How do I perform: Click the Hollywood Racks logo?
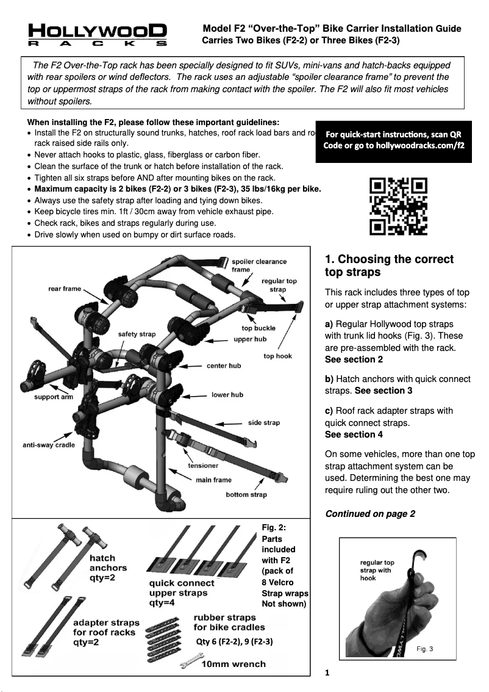[x=98, y=35]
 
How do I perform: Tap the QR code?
[x=399, y=206]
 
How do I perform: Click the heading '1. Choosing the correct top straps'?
[x=390, y=265]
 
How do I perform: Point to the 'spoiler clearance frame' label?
[x=259, y=265]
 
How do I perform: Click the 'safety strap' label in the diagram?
[x=137, y=334]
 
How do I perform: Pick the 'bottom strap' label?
[x=246, y=494]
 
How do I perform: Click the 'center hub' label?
[x=224, y=366]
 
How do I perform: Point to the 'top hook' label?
[x=277, y=356]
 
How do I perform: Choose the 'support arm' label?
[x=54, y=397]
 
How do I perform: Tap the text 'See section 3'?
[x=384, y=391]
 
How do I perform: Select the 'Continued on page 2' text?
[x=370, y=514]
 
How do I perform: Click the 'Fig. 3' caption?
[x=425, y=649]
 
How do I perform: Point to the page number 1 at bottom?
[x=327, y=674]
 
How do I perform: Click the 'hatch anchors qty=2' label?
[x=108, y=568]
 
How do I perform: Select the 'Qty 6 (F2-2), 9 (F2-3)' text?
[x=234, y=642]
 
